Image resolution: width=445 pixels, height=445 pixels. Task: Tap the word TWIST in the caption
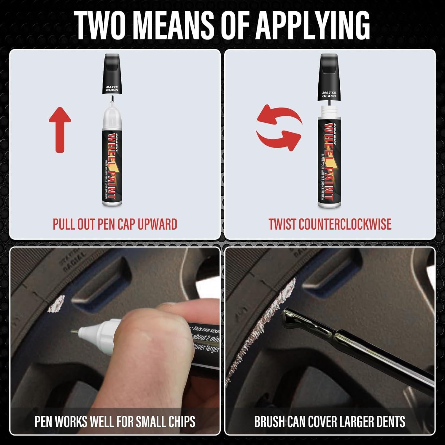click(x=282, y=224)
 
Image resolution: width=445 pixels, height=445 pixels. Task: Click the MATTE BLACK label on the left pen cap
click(x=112, y=88)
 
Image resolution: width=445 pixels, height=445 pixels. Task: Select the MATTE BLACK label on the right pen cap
click(x=329, y=94)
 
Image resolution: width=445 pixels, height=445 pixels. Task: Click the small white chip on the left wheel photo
click(x=56, y=304)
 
